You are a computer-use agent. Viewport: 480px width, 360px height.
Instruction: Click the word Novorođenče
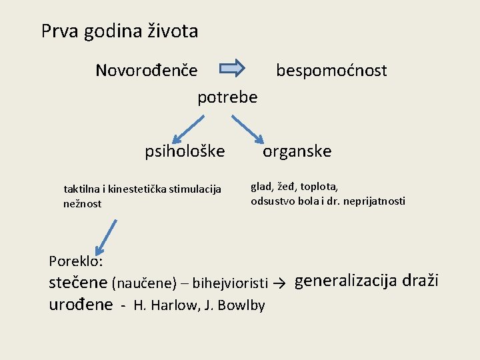point(146,70)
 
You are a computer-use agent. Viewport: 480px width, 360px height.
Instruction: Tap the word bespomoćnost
point(331,71)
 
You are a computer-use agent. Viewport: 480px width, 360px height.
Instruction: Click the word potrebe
point(227,97)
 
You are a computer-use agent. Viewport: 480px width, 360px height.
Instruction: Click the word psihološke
point(185,151)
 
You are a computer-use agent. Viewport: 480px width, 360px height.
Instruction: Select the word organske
point(297,151)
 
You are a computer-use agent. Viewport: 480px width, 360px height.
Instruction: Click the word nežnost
point(82,204)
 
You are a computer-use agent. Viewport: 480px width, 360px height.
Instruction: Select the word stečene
point(78,283)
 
